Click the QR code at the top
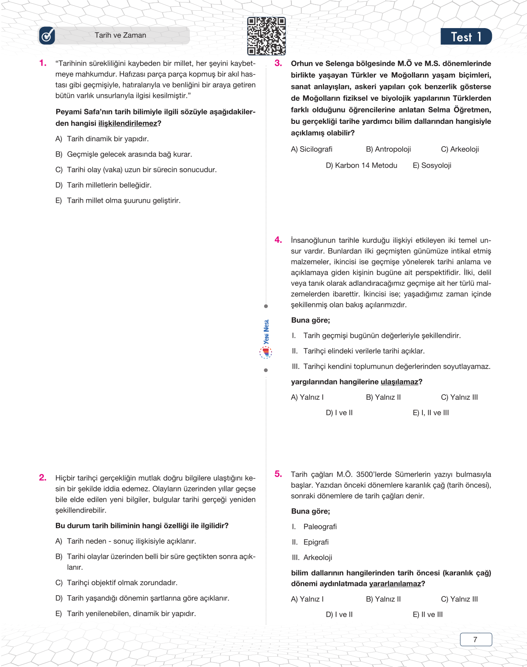tap(266, 36)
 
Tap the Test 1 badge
tap(466, 37)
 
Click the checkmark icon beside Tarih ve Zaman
tap(47, 36)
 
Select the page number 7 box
tap(476, 639)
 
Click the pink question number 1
tap(43, 63)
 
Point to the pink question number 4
tap(278, 240)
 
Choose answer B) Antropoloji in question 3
tap(388, 149)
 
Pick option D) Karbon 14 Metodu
tap(361, 165)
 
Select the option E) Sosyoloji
tap(432, 165)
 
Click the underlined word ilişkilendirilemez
tap(128, 123)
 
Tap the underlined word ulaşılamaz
tap(399, 382)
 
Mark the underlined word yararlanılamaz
tap(395, 584)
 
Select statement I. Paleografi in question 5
tap(315, 527)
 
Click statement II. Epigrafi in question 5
tap(310, 542)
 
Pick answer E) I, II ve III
tap(431, 413)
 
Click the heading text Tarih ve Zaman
tap(120, 36)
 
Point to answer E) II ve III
tap(428, 615)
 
